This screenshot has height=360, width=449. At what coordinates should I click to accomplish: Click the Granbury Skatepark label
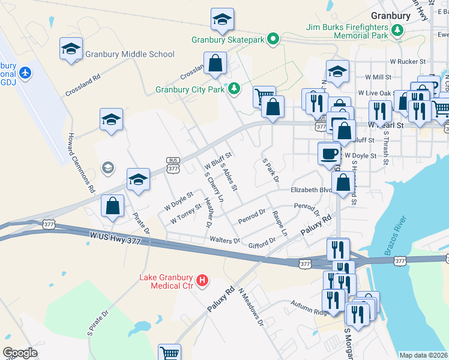coord(228,40)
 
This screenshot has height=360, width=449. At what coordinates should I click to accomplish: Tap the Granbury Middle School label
coord(130,54)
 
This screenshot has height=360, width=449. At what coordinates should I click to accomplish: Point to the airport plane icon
coord(25,73)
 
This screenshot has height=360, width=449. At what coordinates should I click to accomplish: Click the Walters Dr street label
coord(224,240)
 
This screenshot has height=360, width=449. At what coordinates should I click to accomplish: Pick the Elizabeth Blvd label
coord(310,190)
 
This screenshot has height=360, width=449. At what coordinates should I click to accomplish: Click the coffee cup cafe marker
coord(329,153)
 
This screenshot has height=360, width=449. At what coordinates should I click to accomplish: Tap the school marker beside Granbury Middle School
coord(71,49)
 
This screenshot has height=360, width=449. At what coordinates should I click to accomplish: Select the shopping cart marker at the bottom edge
coord(170,353)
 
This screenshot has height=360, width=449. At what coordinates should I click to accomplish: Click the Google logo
coord(20,353)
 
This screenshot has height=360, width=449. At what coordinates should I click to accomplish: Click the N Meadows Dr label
coord(251,306)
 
